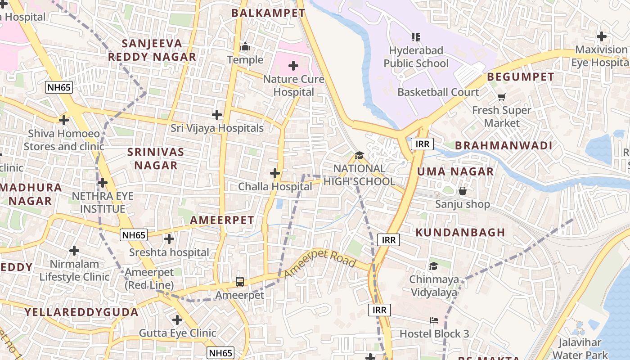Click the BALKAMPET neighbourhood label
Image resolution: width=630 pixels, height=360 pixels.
[x=268, y=13]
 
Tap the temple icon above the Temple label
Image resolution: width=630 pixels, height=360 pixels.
[x=245, y=46]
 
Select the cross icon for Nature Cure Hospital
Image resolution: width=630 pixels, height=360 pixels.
[x=293, y=66]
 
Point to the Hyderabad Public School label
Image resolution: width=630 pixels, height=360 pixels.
[x=416, y=57]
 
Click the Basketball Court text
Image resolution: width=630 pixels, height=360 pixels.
[x=438, y=92]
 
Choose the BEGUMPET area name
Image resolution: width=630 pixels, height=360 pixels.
[x=521, y=77]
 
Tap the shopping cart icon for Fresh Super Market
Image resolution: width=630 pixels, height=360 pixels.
[x=502, y=97]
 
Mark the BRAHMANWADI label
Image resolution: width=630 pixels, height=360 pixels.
[x=504, y=146]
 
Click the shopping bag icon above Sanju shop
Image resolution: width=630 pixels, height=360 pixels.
[x=462, y=191]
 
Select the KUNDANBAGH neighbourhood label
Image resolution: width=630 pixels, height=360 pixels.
[x=460, y=233]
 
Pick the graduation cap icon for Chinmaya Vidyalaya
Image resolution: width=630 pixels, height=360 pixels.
[x=433, y=266]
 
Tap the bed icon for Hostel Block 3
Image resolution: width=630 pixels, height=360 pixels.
[x=434, y=320]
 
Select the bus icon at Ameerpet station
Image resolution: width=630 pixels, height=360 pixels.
[x=240, y=282]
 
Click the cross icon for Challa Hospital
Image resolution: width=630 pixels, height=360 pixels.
[x=274, y=173]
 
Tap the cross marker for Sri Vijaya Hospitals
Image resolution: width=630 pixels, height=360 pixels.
[x=217, y=115]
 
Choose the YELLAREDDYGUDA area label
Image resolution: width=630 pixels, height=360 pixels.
[x=81, y=312]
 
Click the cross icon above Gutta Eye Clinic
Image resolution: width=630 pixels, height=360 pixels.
[x=177, y=320]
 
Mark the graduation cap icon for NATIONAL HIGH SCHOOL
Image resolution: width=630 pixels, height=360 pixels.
[x=359, y=156]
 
